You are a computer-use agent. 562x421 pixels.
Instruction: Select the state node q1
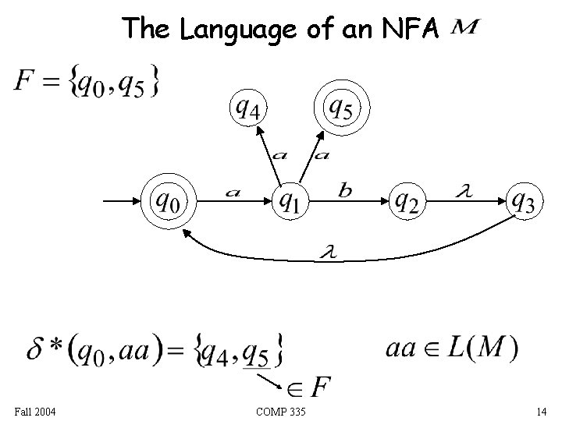coord(290,201)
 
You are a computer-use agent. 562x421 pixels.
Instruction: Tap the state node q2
coord(407,201)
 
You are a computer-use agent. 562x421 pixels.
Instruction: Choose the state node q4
coord(247,109)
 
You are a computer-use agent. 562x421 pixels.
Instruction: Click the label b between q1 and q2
coord(344,189)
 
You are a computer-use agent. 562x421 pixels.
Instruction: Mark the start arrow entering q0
coord(122,202)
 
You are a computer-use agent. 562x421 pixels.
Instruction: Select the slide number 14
coord(541,411)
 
